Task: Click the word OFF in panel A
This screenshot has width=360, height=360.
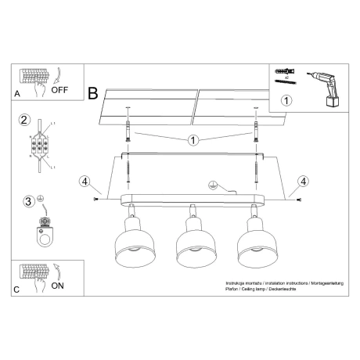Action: [x=60, y=89]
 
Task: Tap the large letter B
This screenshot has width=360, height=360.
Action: [x=93, y=94]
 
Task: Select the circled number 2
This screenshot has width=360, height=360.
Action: [x=25, y=120]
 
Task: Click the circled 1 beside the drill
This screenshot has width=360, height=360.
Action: [x=286, y=100]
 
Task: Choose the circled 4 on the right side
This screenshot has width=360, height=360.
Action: [x=301, y=184]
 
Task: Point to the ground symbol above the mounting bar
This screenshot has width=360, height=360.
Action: [x=211, y=185]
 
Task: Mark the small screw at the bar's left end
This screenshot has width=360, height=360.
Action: [x=99, y=200]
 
